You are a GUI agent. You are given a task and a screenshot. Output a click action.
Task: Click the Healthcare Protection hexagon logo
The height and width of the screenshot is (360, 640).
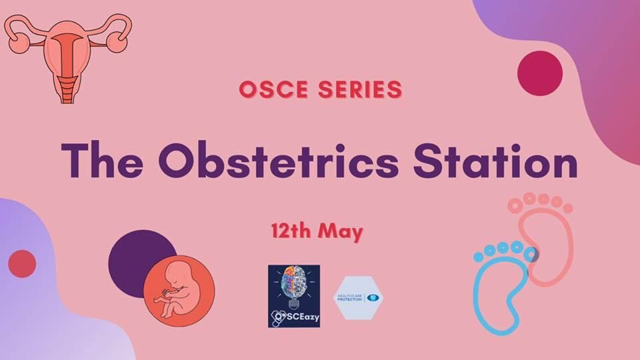tap(359, 296)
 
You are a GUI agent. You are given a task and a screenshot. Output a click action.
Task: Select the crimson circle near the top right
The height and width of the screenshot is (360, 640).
tap(539, 73)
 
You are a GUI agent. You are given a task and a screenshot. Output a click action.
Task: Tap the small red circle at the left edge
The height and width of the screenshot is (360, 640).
tap(22, 263)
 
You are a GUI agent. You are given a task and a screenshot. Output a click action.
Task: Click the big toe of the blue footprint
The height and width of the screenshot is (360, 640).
tap(531, 254)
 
